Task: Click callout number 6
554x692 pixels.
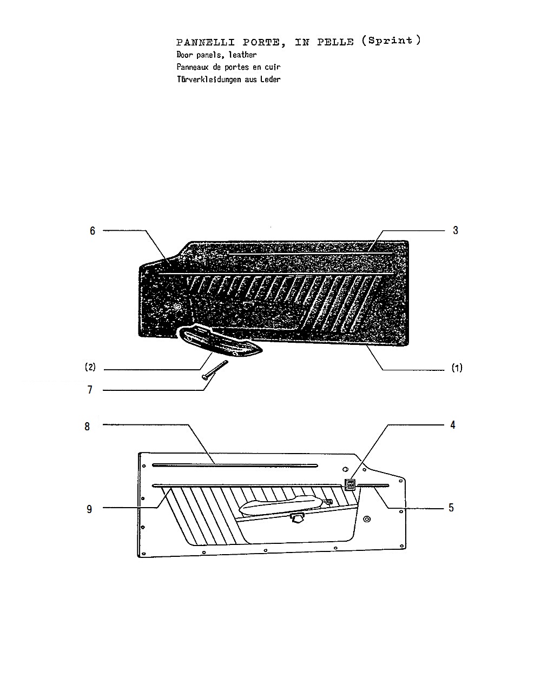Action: pos(93,230)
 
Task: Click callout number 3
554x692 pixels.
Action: pos(455,230)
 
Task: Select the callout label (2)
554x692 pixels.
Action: pos(90,367)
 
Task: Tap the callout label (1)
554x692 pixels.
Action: pos(457,368)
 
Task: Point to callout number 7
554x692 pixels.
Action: pos(90,390)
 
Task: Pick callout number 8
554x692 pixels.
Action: pos(87,427)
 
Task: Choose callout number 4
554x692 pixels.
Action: pos(453,425)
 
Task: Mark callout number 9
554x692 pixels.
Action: pos(89,509)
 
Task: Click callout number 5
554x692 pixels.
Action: pos(451,508)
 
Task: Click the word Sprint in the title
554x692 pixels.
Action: pos(390,41)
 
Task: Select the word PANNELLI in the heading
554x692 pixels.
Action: pos(206,42)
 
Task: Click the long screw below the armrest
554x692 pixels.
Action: pos(215,370)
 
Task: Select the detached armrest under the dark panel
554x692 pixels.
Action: pos(221,342)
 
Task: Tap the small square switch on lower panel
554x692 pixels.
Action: pos(350,485)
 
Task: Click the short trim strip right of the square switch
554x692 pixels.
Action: pos(373,485)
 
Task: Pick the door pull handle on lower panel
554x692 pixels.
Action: pos(286,504)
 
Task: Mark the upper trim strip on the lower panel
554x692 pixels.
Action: pos(235,465)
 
